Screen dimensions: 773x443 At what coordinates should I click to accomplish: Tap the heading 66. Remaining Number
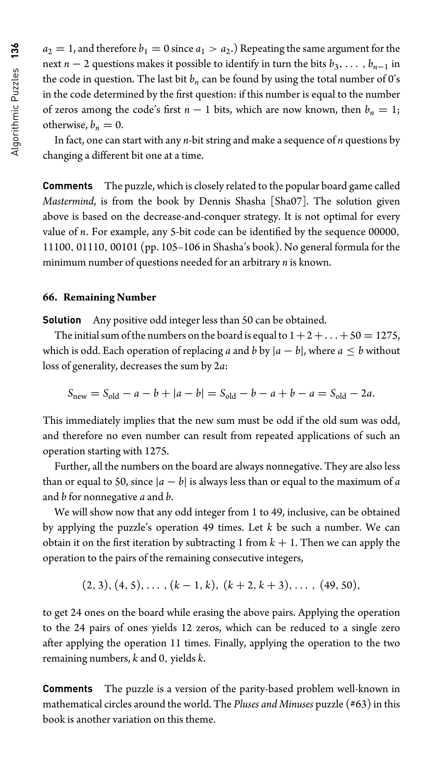[99, 297]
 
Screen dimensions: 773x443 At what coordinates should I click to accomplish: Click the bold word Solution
[62, 320]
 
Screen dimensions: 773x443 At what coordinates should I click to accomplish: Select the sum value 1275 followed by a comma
[388, 335]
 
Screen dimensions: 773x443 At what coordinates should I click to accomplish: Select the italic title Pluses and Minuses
[273, 704]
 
